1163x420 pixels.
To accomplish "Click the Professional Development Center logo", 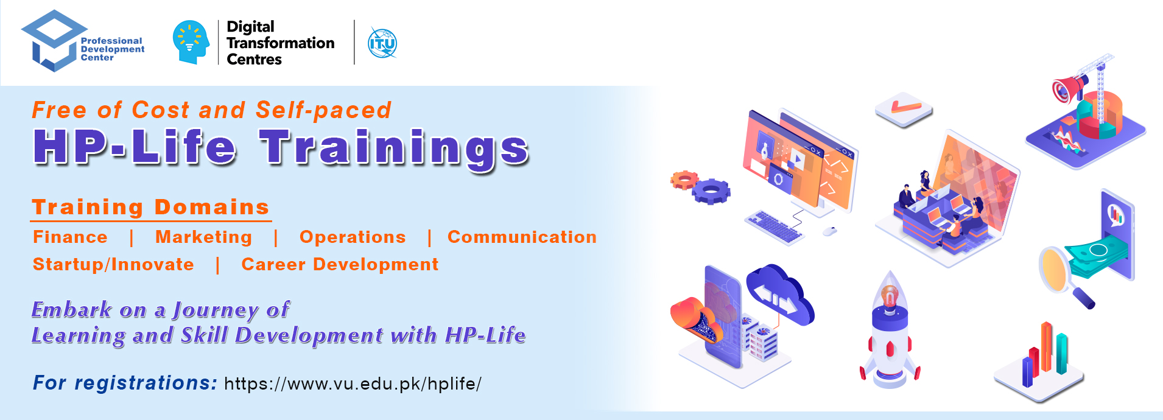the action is [83, 41].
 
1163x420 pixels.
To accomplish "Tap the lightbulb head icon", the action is [191, 42].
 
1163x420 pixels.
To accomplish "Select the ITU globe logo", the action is [382, 43].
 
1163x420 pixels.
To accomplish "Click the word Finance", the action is [70, 237].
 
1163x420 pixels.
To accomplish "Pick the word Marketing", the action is [204, 237].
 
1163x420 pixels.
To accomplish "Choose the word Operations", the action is [353, 237].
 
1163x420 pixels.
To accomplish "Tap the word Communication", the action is [522, 237].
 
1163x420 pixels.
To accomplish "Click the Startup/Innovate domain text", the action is [113, 265].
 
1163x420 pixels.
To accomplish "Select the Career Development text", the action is [340, 265].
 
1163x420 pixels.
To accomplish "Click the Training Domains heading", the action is [151, 207].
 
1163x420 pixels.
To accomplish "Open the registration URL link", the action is [353, 383].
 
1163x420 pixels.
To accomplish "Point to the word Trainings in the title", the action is [395, 148].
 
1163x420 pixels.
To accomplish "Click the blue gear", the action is [711, 191].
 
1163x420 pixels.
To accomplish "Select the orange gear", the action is [684, 180].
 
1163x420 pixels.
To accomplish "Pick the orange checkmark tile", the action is [904, 109].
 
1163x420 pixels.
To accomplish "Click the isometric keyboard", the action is [773, 226].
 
